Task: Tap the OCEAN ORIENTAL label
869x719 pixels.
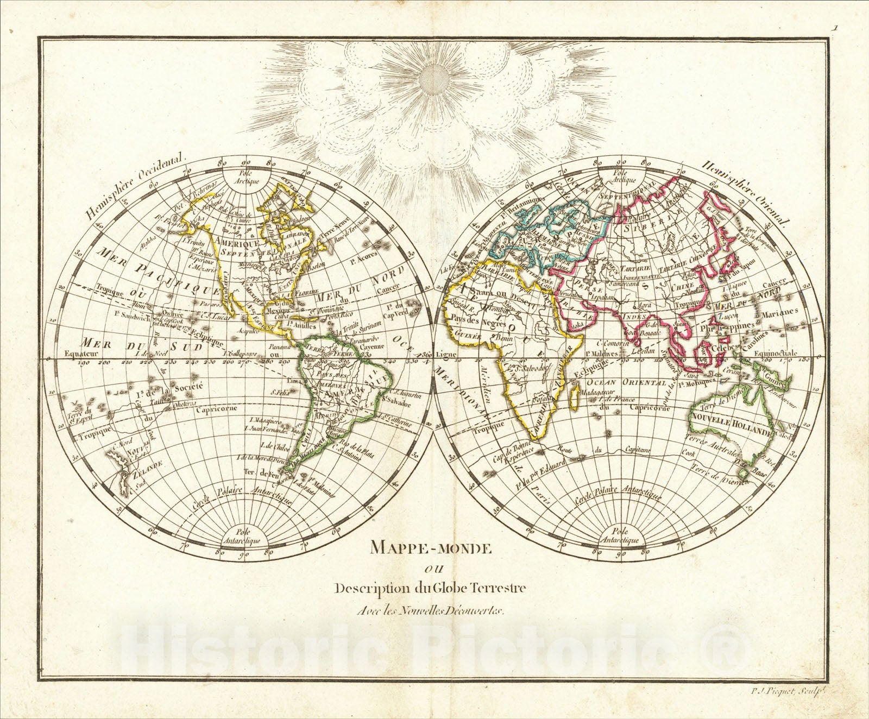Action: point(636,382)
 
